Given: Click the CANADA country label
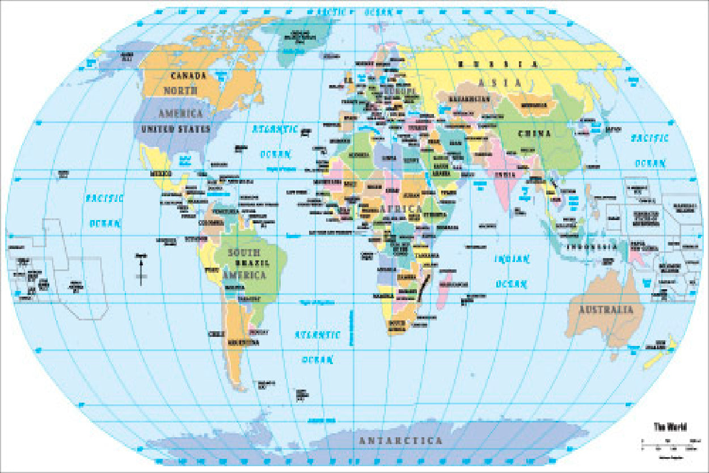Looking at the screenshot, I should coord(188,75).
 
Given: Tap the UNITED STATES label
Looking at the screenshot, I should coord(175,129).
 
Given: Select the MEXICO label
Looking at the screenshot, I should coord(161,173).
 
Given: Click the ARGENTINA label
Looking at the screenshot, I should coord(243,343).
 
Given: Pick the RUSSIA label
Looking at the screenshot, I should coord(497,64).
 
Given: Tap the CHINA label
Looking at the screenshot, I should coord(534,134).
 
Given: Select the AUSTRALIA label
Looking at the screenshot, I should coord(606,310).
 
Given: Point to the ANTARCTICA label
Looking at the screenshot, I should coord(401,441).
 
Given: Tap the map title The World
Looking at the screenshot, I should coord(670,427).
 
